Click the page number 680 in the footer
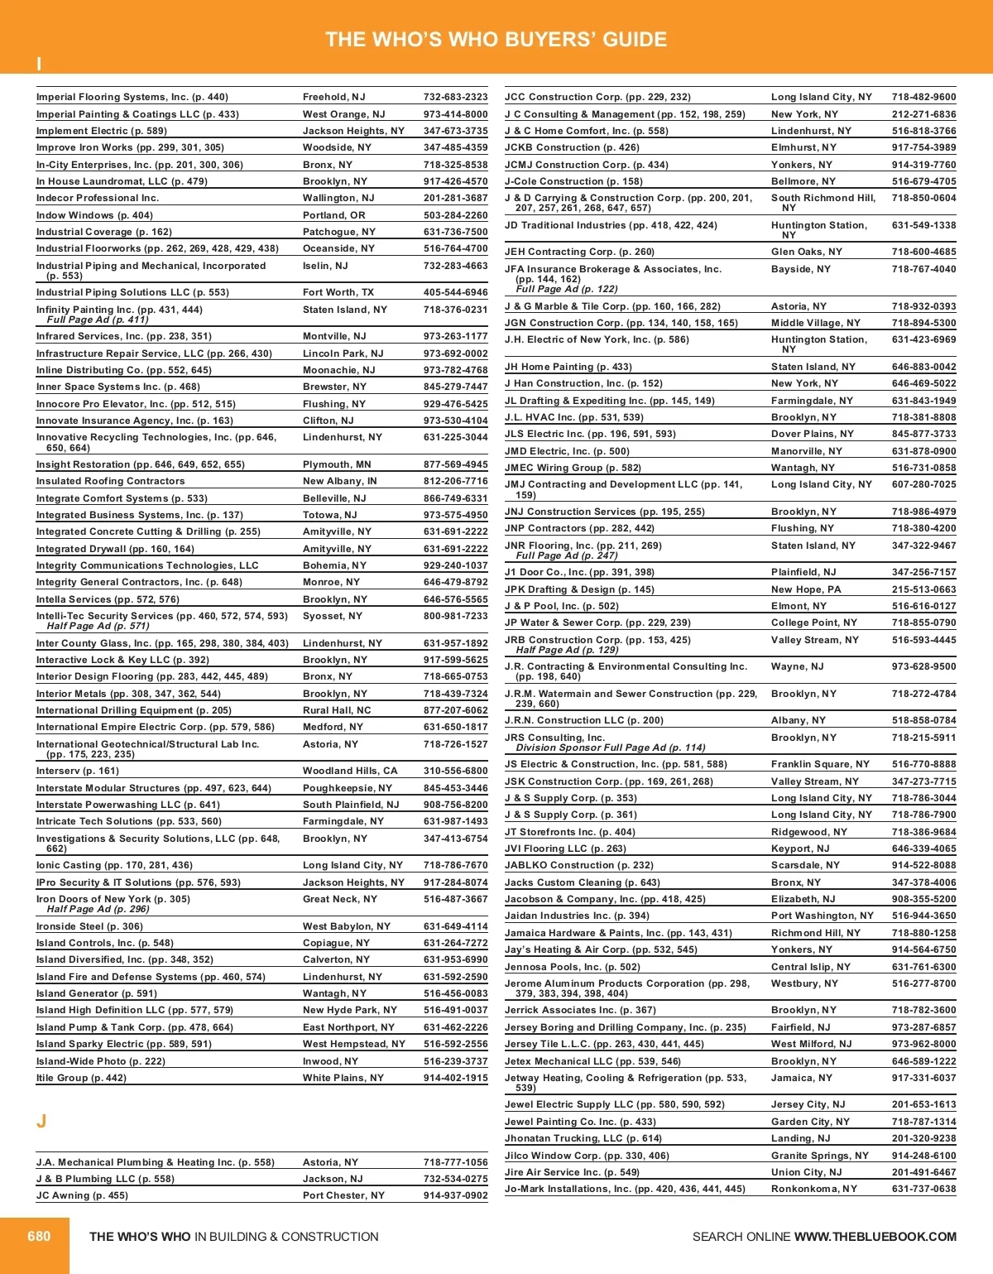click(x=39, y=1236)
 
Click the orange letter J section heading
click(x=41, y=1122)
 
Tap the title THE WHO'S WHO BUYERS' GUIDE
click(x=496, y=39)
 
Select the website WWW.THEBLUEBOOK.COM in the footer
click(x=875, y=1237)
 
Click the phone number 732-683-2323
click(x=455, y=97)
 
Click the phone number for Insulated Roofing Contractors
click(x=455, y=481)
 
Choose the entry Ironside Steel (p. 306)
click(x=89, y=926)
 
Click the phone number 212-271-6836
click(x=923, y=114)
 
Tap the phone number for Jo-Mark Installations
click(x=923, y=1189)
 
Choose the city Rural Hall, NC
click(x=337, y=710)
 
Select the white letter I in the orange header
click(x=39, y=64)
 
